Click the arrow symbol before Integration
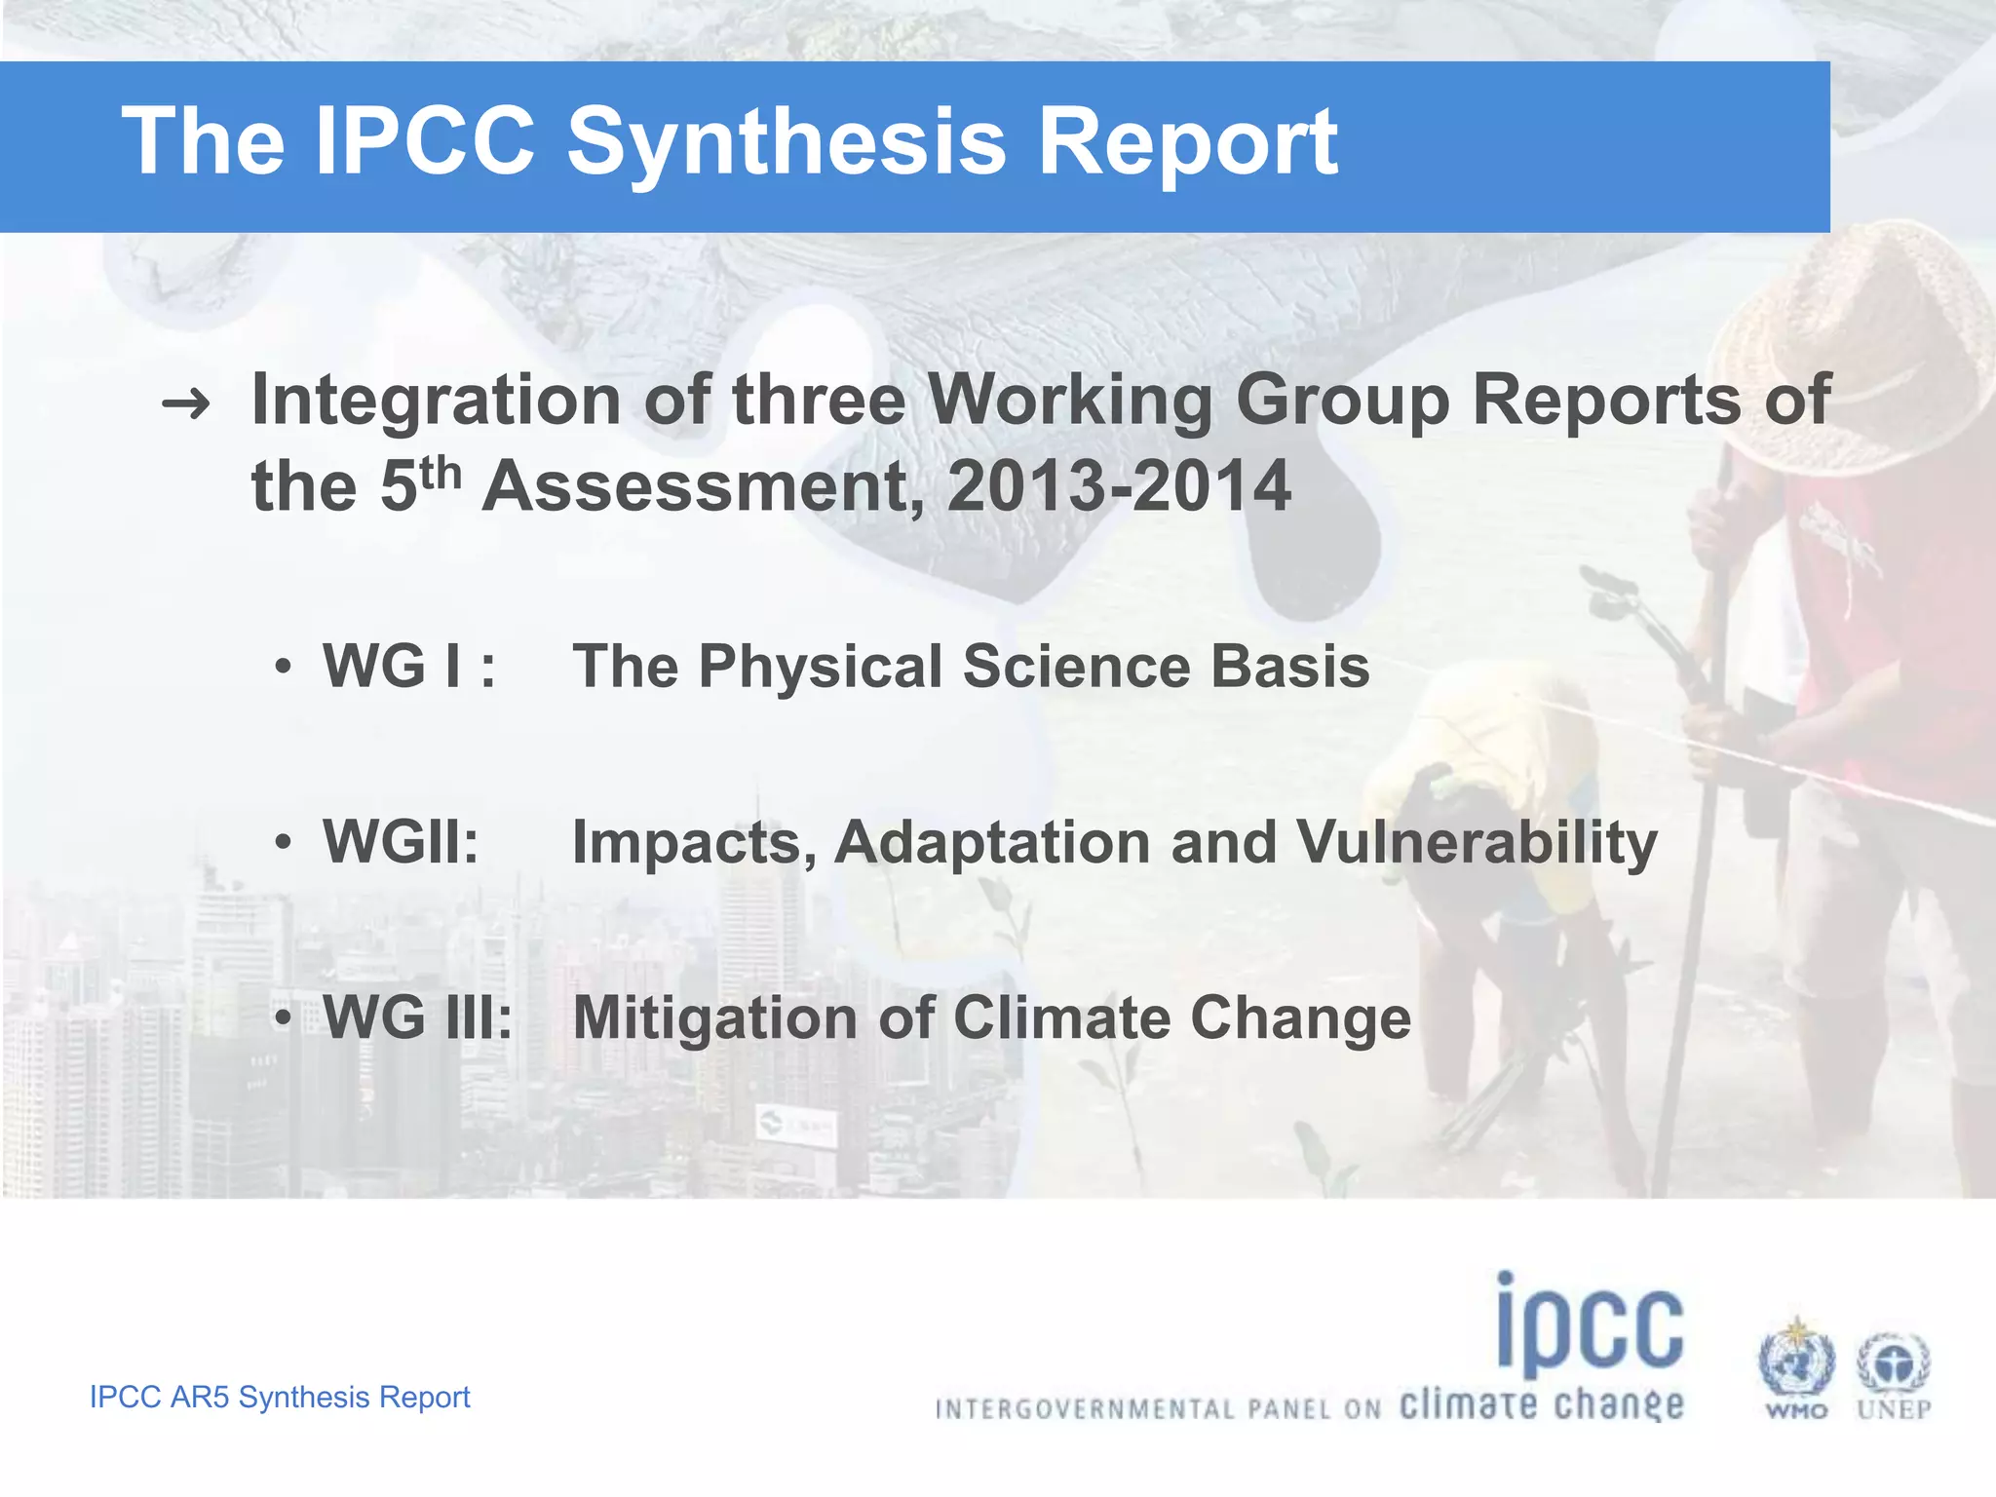(185, 403)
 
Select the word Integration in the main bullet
(436, 401)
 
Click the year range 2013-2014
(1118, 486)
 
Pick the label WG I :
(408, 667)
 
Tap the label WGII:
(401, 842)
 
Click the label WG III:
(417, 1017)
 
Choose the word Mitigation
(714, 1019)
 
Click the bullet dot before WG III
(283, 1017)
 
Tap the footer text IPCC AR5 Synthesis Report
(280, 1397)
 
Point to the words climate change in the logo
(1541, 1404)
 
